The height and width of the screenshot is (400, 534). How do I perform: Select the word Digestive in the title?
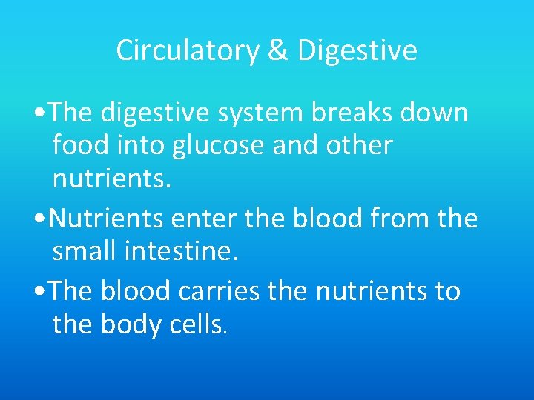click(357, 51)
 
